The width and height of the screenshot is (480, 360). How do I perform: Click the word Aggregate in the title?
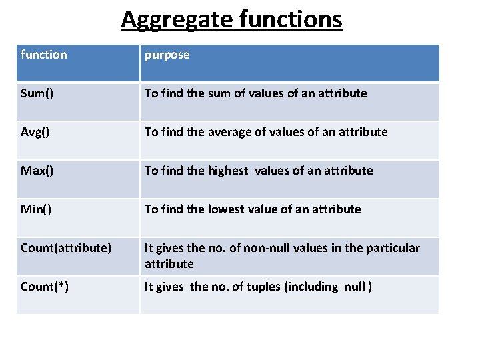point(175,20)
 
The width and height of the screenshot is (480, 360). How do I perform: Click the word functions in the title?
point(289,20)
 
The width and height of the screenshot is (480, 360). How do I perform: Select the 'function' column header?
point(44,55)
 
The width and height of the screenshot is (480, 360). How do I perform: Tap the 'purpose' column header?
point(167,55)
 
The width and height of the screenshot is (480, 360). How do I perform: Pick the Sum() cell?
point(37,93)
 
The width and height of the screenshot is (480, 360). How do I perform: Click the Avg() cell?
point(35,132)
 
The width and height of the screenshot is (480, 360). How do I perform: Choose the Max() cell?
point(37,171)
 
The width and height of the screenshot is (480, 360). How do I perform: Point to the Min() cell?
point(36,209)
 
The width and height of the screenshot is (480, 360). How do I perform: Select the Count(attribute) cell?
point(66,248)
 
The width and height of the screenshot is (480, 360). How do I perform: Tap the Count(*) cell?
point(45,287)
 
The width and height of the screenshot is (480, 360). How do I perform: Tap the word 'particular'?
point(392,248)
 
